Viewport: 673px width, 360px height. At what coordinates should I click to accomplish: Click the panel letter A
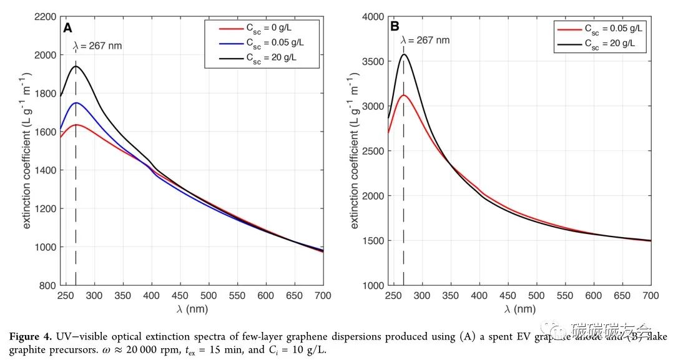[67, 27]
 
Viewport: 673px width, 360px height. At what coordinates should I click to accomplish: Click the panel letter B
[395, 27]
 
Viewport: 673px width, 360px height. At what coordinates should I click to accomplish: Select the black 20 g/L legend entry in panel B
[602, 43]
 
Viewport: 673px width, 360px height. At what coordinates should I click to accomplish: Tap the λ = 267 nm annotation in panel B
[425, 40]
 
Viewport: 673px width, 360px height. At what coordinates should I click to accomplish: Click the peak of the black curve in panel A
[76, 66]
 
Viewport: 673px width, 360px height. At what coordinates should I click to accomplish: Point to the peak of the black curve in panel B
[404, 54]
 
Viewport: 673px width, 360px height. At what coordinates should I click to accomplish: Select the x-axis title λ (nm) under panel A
[191, 309]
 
